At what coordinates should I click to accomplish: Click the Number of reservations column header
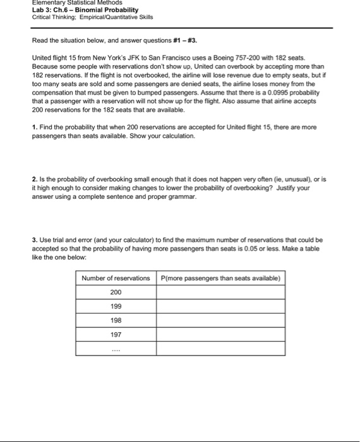116,278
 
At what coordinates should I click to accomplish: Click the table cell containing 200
116,292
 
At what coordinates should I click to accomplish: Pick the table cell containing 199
116,306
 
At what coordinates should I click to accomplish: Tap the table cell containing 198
116,320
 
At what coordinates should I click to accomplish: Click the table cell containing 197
116,335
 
